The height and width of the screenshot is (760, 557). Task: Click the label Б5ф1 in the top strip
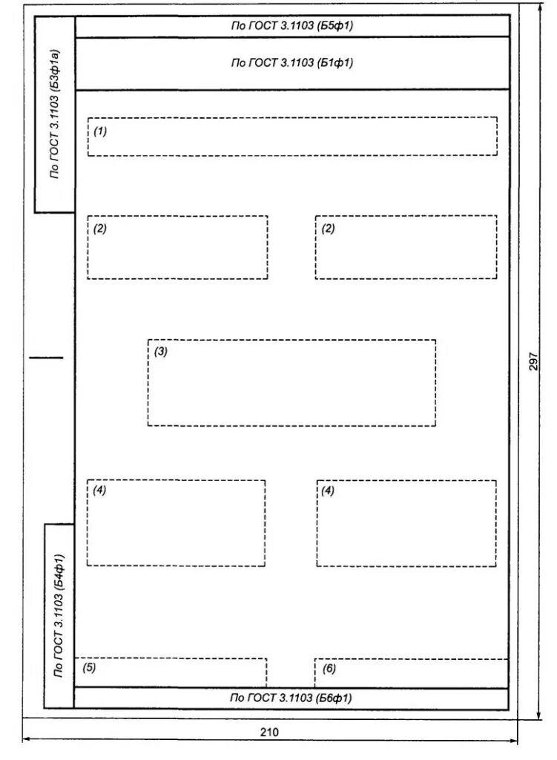(x=334, y=25)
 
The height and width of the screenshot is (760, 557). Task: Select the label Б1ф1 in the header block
(x=334, y=62)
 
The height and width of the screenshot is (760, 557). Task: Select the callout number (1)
(x=100, y=131)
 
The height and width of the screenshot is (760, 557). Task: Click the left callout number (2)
(x=100, y=229)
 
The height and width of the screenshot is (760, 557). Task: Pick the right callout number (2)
(x=328, y=229)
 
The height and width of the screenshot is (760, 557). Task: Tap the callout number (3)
(x=161, y=351)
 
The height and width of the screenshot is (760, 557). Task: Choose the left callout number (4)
(x=99, y=490)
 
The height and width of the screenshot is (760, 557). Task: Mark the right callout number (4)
(x=328, y=491)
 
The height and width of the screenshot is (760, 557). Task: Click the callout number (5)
(x=89, y=667)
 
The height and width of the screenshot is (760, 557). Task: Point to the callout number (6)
(x=329, y=669)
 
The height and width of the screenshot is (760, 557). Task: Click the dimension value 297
(x=533, y=361)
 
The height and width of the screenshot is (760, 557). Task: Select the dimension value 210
(x=269, y=733)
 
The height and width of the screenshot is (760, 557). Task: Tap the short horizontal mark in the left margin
(x=47, y=358)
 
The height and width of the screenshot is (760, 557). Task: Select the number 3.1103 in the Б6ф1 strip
(x=295, y=698)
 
